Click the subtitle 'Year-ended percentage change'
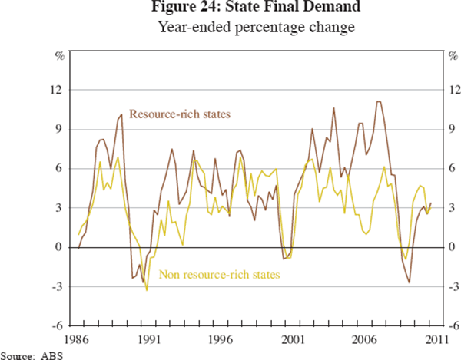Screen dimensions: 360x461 coord(230,29)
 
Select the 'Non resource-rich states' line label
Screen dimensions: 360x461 coord(218,273)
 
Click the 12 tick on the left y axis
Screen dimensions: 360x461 coord(56,90)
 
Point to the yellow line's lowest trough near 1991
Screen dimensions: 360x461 coord(146,289)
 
